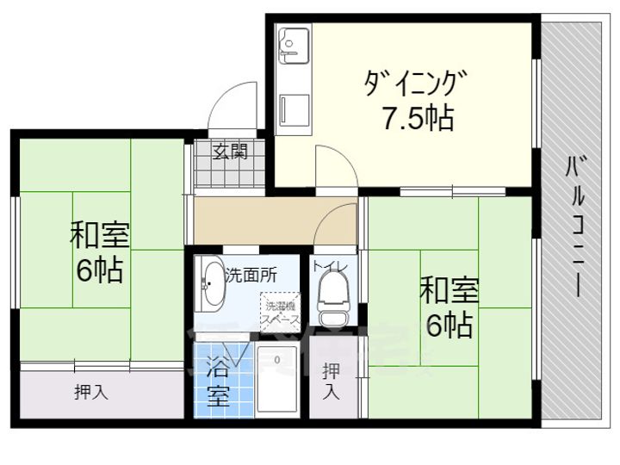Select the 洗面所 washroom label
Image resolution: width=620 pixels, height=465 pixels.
point(251,276)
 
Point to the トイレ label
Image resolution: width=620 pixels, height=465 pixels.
point(331,266)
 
